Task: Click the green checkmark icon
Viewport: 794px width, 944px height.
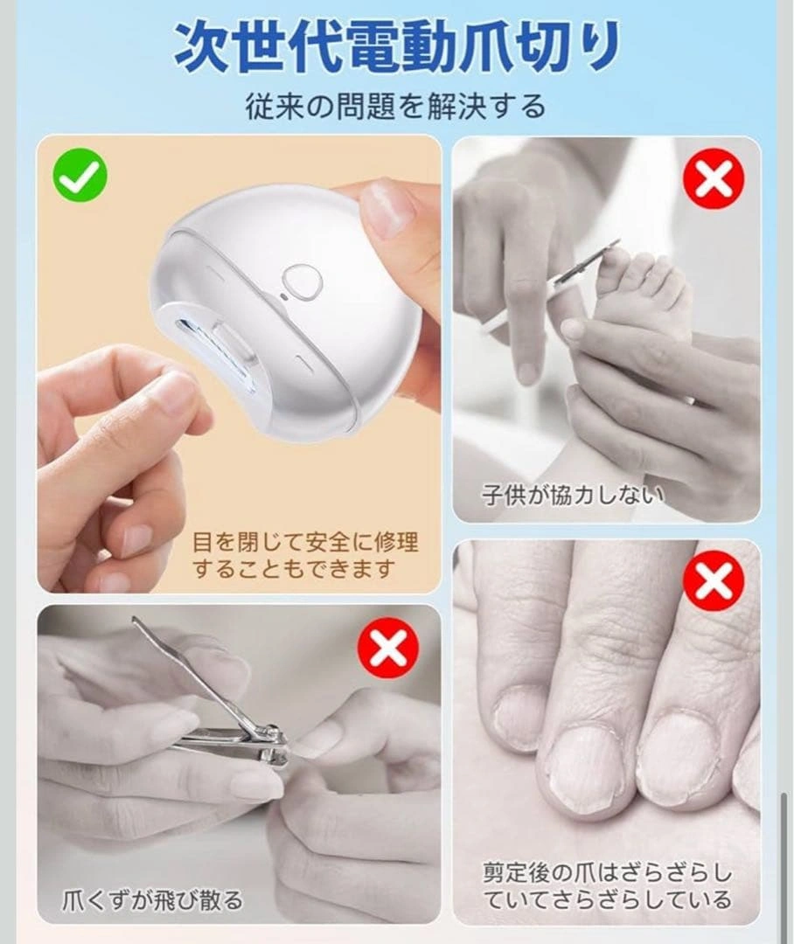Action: point(80,175)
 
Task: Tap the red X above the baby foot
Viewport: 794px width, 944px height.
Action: point(714,179)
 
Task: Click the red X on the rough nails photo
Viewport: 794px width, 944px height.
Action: point(714,582)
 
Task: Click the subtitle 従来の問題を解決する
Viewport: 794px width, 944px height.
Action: point(396,107)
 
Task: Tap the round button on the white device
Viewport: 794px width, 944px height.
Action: point(303,279)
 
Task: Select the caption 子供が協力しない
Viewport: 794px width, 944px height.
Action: point(573,495)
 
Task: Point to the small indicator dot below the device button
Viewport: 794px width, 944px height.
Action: point(283,297)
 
